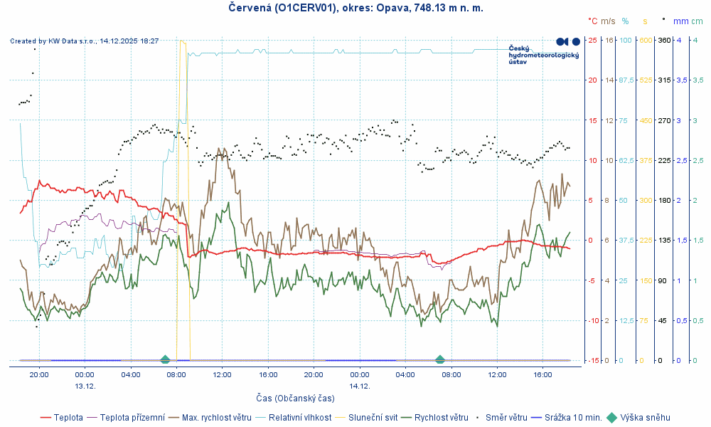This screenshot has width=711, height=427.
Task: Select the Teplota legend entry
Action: click(x=68, y=418)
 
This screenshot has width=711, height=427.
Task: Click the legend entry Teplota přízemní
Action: click(x=132, y=418)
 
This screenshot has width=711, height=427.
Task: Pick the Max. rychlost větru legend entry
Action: click(x=217, y=418)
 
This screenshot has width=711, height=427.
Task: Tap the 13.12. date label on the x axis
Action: click(x=85, y=386)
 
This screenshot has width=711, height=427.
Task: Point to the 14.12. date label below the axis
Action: click(x=360, y=386)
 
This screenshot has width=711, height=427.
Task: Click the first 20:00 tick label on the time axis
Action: click(x=38, y=374)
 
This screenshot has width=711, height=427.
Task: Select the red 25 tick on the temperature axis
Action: click(x=592, y=40)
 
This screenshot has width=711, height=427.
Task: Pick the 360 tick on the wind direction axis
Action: click(x=664, y=40)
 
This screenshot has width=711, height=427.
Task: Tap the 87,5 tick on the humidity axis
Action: click(x=626, y=80)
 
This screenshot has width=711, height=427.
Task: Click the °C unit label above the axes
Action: click(x=593, y=21)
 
